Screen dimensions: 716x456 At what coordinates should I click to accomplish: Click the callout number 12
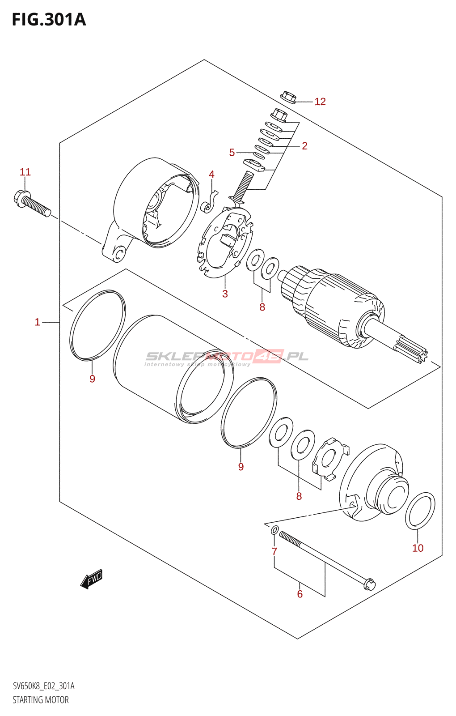(320, 102)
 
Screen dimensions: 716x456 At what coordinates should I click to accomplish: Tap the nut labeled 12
(288, 97)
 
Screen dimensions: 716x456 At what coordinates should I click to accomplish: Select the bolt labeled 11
(32, 203)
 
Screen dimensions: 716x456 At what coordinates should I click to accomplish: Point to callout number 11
(25, 172)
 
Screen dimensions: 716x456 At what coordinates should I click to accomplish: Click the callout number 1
(38, 322)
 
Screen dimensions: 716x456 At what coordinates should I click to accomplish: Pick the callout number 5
(232, 153)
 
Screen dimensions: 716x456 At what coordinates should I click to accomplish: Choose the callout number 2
(304, 146)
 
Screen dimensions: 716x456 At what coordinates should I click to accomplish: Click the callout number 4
(211, 174)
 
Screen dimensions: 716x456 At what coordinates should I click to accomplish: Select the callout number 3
(225, 294)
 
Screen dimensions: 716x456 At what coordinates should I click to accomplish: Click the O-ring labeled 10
(420, 511)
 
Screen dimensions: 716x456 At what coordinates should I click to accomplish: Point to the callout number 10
(418, 548)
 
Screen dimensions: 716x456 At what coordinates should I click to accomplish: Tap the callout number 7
(274, 551)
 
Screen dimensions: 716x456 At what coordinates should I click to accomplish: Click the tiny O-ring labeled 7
(275, 531)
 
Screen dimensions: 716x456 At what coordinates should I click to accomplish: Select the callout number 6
(300, 594)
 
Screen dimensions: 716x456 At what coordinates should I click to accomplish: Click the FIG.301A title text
(49, 20)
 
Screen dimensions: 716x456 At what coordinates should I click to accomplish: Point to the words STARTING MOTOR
(41, 700)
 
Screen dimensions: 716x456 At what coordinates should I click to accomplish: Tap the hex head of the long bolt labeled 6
(370, 584)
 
